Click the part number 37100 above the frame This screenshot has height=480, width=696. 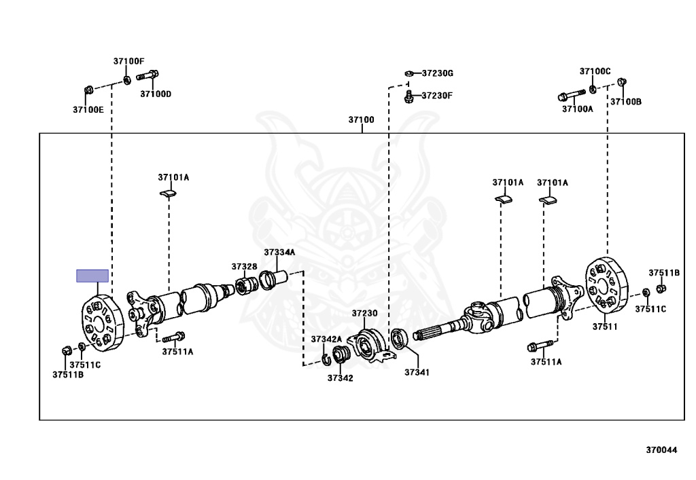(x=361, y=120)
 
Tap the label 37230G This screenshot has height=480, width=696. (x=437, y=73)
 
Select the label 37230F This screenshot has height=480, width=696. (x=436, y=96)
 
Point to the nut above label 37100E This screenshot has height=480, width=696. (x=89, y=90)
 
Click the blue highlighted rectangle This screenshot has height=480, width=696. (x=92, y=275)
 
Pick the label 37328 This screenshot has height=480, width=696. (x=244, y=266)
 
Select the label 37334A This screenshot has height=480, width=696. (x=279, y=252)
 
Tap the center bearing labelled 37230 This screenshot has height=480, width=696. (x=368, y=345)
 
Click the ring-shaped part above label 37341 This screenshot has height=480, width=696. (x=399, y=337)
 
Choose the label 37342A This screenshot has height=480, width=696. (x=326, y=339)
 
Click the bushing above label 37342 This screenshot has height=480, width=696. (x=342, y=354)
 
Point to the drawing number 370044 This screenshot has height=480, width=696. (x=661, y=449)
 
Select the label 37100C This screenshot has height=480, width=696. (x=595, y=71)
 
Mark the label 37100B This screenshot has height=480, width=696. (x=625, y=101)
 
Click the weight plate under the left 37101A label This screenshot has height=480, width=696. (x=168, y=194)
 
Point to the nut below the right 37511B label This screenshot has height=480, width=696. (x=663, y=288)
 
